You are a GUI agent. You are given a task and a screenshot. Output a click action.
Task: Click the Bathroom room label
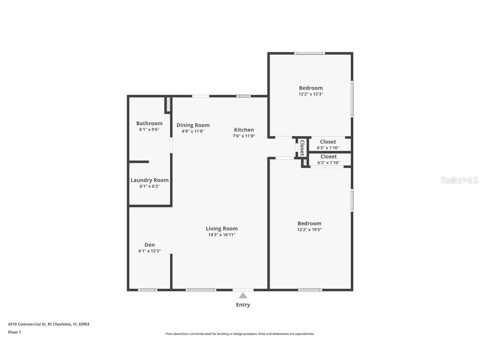tap(149, 123)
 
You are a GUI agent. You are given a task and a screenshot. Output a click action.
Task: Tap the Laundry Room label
tap(150, 180)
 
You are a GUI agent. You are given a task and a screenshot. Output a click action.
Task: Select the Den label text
tap(150, 245)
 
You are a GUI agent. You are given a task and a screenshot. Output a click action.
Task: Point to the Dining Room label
tap(193, 125)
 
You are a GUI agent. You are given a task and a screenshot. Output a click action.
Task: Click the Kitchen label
tap(244, 130)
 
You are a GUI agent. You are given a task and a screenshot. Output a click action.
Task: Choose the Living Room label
tap(222, 228)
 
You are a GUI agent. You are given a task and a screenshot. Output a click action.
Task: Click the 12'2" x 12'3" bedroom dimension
tap(311, 94)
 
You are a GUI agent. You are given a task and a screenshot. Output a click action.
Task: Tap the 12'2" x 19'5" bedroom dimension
tap(309, 230)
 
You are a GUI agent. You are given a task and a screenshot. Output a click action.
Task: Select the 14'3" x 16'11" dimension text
tap(222, 235)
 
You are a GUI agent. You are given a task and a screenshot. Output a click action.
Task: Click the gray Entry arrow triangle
tap(243, 295)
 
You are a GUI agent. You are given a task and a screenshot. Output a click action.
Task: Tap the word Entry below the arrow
tap(243, 305)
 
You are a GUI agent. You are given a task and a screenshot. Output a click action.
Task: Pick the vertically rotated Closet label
tap(302, 147)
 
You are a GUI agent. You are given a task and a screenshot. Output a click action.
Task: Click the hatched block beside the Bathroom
tap(168, 105)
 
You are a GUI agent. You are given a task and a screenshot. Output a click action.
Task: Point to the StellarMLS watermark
tap(460, 180)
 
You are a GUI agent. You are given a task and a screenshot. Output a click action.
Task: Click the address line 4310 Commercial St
tap(49, 324)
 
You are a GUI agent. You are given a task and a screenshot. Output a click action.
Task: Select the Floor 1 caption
tap(14, 332)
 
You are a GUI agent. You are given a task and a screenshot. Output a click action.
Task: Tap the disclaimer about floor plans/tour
tap(240, 334)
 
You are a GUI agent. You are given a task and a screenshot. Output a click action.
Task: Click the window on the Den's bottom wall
tap(147, 290)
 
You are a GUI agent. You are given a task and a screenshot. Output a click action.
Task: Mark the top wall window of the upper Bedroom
tap(310, 53)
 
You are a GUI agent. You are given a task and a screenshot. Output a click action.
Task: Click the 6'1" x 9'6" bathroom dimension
tap(149, 130)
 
